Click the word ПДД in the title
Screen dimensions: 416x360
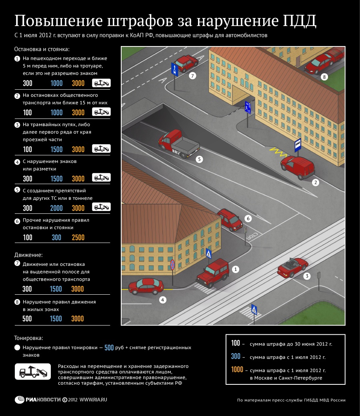(x=297, y=20)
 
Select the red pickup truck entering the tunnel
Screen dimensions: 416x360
(x=179, y=143)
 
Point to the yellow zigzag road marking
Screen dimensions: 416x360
(x=279, y=152)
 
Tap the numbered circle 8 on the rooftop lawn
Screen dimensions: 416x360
(x=324, y=76)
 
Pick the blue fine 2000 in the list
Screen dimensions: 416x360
(x=56, y=208)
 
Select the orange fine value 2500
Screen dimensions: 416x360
(x=78, y=238)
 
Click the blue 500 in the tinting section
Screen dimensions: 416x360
(x=109, y=348)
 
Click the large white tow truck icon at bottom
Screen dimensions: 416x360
(x=32, y=372)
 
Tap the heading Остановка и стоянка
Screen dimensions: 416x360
(x=42, y=50)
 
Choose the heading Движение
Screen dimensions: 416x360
(x=28, y=255)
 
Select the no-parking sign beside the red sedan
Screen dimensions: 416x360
(x=172, y=265)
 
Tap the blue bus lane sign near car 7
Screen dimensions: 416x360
(x=175, y=69)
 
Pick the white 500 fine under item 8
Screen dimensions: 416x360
(x=27, y=319)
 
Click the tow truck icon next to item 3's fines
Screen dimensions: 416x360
(x=101, y=149)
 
